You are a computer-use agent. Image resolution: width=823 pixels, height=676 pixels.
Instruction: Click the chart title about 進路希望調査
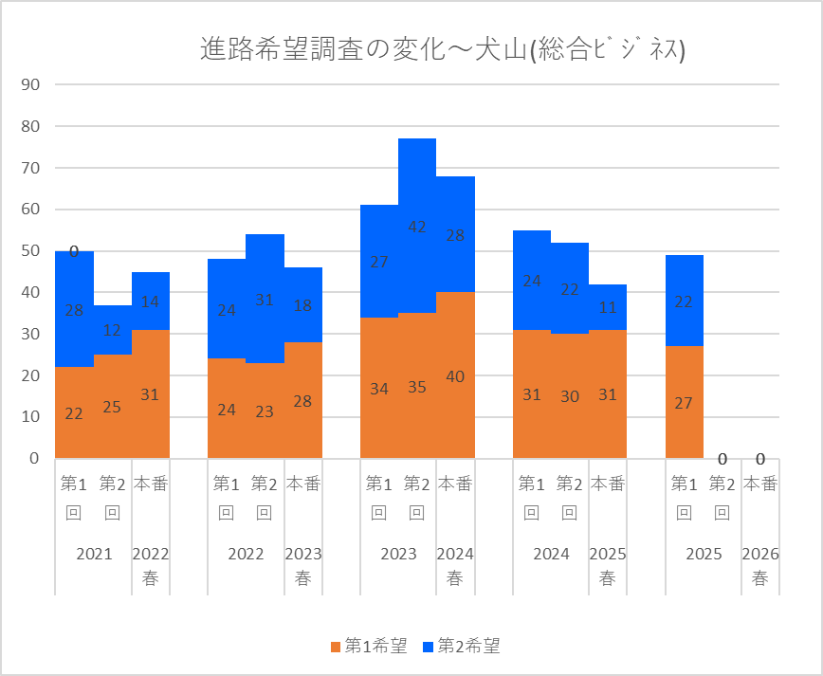pos(443,49)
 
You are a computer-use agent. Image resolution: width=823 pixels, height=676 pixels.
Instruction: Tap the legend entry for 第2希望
pos(461,647)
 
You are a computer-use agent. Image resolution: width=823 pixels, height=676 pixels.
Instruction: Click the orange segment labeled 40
pos(455,375)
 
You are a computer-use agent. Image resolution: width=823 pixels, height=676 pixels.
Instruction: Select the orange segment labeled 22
pos(74,412)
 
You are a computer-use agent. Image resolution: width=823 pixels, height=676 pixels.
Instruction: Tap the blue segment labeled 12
pos(112,330)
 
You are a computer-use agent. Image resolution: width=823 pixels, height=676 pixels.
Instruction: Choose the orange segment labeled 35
pos(417,386)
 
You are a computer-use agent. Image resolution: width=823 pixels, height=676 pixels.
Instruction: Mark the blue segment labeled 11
pos(608,307)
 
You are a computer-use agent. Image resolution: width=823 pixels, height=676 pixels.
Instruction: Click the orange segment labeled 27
pos(685,402)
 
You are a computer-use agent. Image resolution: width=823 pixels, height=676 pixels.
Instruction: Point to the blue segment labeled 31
pos(265,300)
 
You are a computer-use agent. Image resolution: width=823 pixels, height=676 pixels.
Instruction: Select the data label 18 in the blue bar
pos(303,305)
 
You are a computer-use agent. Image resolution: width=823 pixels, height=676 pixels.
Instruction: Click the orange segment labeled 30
pos(570,396)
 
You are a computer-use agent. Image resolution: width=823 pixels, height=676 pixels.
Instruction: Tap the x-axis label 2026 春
pos(760,566)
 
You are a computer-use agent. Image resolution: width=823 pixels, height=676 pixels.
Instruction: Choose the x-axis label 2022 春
pos(151,566)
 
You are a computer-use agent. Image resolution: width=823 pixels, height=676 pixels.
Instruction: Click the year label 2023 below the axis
pos(398,555)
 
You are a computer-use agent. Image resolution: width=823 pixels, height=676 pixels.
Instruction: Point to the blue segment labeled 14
pos(151,301)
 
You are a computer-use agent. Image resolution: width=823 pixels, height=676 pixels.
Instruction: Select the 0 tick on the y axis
pos(34,459)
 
